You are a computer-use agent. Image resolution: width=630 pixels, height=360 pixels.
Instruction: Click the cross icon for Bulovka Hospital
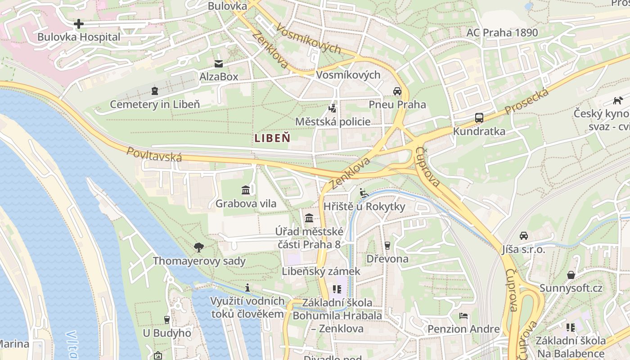pyautogui.click(x=79, y=23)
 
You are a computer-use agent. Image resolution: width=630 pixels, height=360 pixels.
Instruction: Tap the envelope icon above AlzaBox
pyautogui.click(x=219, y=64)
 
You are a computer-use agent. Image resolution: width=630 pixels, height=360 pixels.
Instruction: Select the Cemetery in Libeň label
pyautogui.click(x=155, y=104)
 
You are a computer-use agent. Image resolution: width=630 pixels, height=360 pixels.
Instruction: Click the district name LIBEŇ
pyautogui.click(x=272, y=138)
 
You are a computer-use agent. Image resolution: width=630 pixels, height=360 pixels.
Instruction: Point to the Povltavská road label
pyautogui.click(x=154, y=154)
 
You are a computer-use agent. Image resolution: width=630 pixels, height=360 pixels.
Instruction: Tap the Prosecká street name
pyautogui.click(x=526, y=102)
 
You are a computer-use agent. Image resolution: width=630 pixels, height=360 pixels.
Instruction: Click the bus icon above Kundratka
pyautogui.click(x=479, y=118)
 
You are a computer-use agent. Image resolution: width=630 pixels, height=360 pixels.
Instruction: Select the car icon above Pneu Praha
pyautogui.click(x=397, y=91)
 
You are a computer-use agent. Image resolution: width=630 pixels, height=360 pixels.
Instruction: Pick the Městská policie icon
pyautogui.click(x=333, y=108)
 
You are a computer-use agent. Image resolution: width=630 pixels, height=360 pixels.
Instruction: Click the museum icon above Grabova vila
pyautogui.click(x=246, y=190)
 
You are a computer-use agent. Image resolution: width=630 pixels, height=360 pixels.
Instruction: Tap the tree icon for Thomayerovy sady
pyautogui.click(x=198, y=247)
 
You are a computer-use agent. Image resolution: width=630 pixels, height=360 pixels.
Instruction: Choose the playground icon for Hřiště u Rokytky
pyautogui.click(x=364, y=193)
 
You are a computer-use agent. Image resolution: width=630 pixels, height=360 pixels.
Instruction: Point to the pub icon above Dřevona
pyautogui.click(x=387, y=245)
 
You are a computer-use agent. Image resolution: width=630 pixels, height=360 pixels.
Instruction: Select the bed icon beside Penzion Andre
pyautogui.click(x=463, y=316)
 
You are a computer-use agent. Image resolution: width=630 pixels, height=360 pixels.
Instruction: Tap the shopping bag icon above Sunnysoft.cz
pyautogui.click(x=571, y=274)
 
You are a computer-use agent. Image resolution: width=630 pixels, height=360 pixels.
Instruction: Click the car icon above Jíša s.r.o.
pyautogui.click(x=524, y=236)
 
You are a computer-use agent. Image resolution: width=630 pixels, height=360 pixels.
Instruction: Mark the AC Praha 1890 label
pyautogui.click(x=502, y=32)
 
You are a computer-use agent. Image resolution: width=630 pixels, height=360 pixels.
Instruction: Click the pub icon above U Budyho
pyautogui.click(x=167, y=319)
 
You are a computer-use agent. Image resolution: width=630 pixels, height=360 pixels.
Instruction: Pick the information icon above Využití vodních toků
pyautogui.click(x=247, y=288)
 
